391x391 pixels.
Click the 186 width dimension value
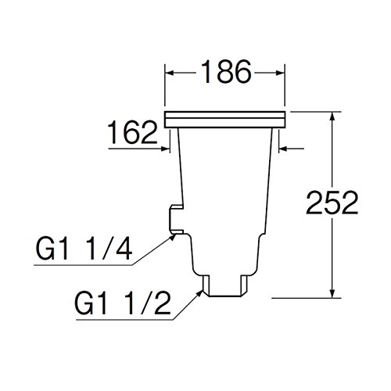pos(226,72)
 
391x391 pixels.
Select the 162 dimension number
pos(132,132)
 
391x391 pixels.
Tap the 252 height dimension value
pos(332,203)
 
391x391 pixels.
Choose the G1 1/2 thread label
pos(123,303)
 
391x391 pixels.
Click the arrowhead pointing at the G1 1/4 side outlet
pos(172,237)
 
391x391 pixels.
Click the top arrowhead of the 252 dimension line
pos(332,117)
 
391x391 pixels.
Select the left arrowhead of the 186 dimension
pos(170,73)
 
